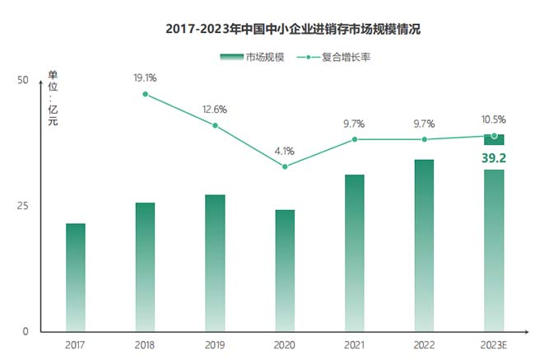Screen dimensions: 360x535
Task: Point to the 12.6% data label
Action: click(215, 109)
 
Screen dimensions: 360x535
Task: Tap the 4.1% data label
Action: click(285, 151)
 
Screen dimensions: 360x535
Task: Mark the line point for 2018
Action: click(145, 94)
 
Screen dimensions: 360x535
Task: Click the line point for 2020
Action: click(285, 166)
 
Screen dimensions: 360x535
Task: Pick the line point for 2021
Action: click(355, 139)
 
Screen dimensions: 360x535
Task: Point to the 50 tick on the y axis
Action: click(23, 80)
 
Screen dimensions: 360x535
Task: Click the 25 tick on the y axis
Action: click(23, 205)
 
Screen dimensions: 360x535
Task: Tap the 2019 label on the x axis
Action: click(215, 344)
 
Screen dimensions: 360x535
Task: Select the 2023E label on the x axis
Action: click(494, 344)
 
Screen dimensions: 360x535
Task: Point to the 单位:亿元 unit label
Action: click(53, 100)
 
